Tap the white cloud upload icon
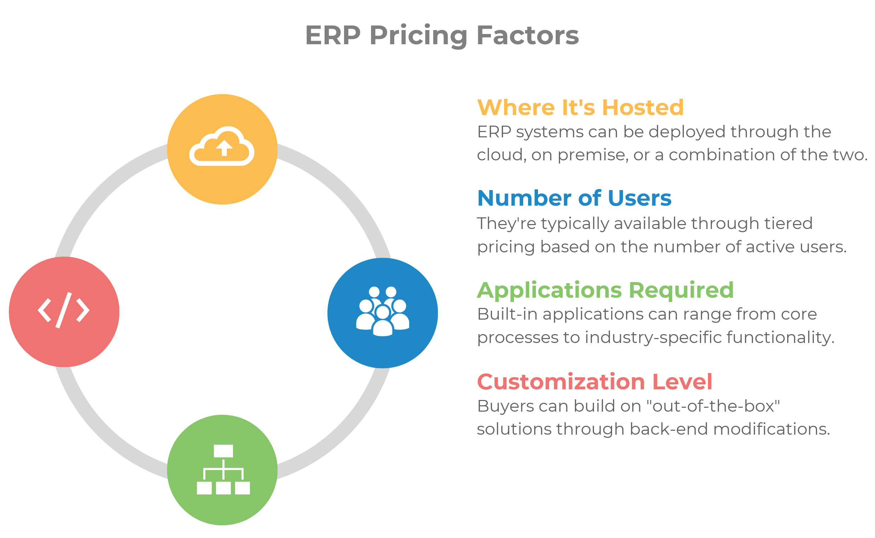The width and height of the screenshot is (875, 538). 222,146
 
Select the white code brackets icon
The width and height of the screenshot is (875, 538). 63,310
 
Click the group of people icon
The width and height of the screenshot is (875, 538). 383,311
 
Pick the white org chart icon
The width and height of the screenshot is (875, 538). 223,470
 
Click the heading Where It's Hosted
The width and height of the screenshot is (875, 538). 580,108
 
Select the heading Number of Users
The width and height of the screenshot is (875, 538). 574,198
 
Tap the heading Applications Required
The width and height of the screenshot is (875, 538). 605,290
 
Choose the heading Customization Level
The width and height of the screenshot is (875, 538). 594,382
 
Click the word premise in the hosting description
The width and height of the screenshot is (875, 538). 593,155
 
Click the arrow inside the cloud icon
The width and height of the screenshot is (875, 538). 224,148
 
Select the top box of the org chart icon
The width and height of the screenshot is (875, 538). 223,451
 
